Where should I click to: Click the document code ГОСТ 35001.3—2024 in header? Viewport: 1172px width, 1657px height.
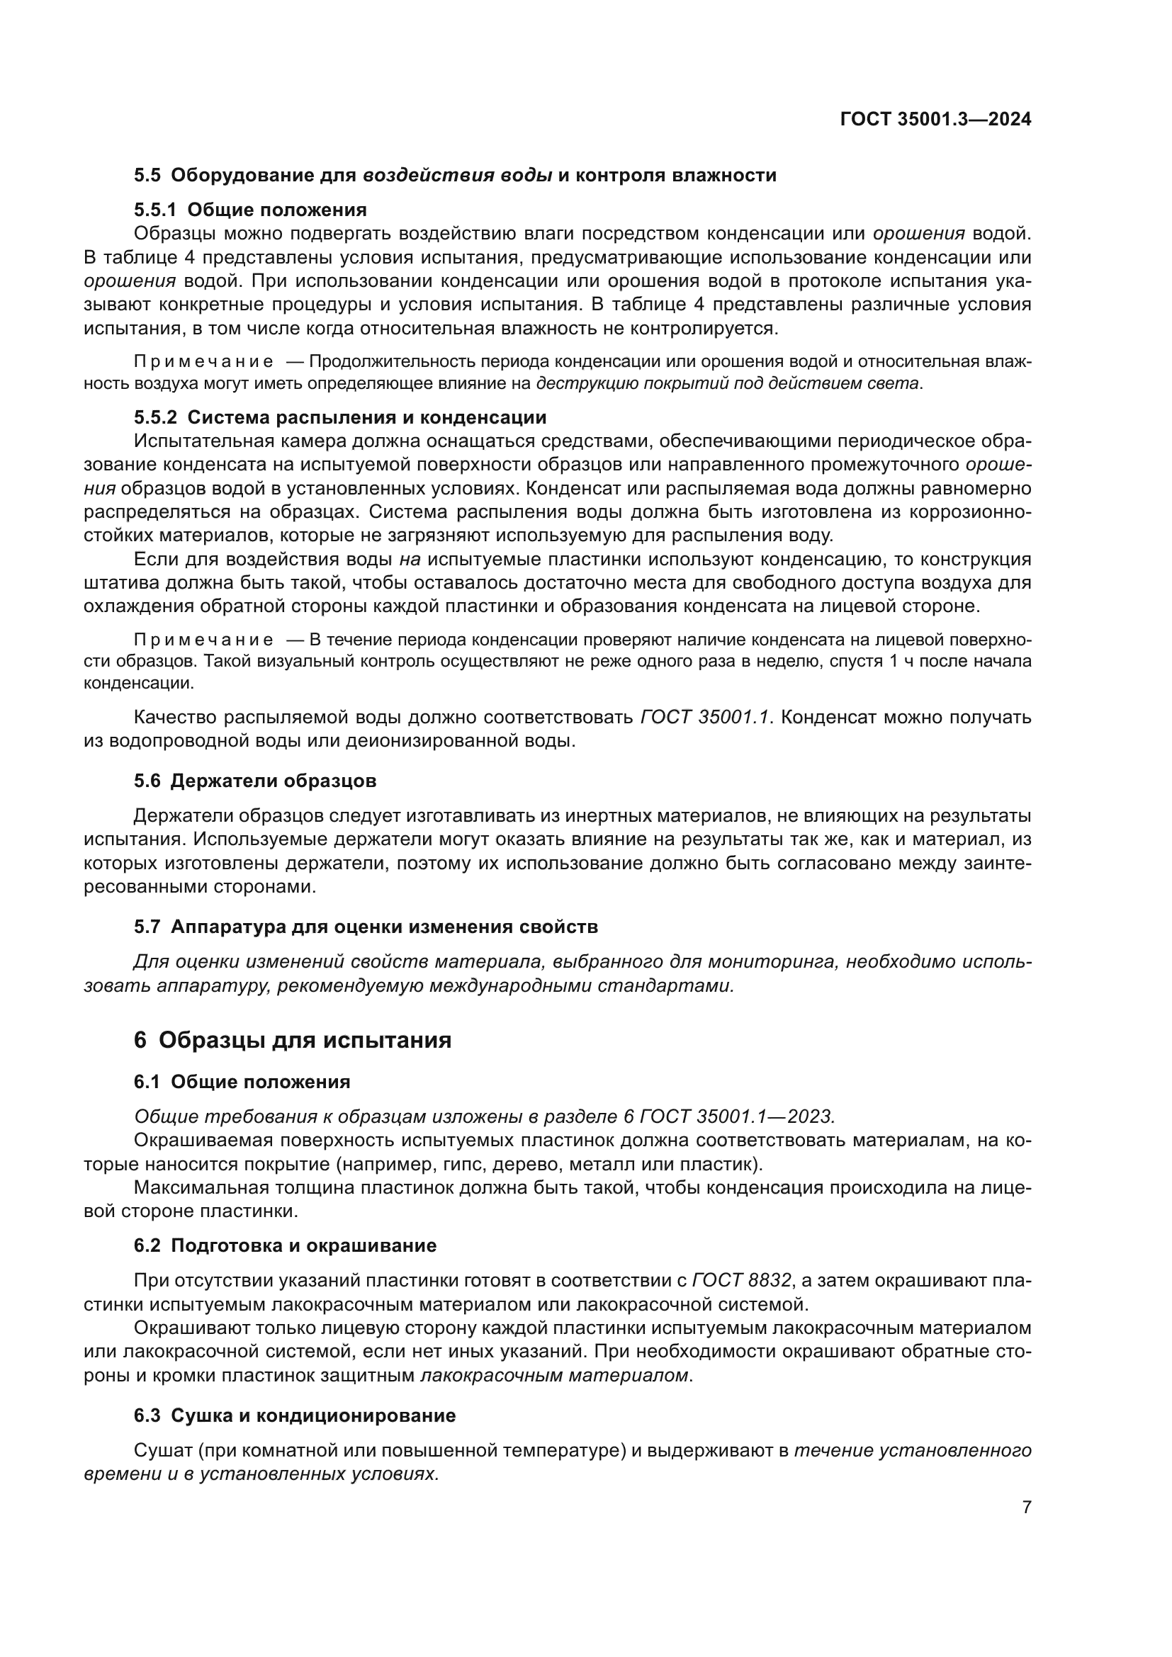[935, 120]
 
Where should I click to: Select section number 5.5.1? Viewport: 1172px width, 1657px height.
[154, 210]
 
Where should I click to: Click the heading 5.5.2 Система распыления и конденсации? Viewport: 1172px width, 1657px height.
[340, 417]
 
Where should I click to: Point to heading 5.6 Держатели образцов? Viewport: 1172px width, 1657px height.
[255, 781]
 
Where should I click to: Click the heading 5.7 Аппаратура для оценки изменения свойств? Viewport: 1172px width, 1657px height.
[366, 927]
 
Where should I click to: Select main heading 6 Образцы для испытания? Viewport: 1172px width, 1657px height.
[292, 1040]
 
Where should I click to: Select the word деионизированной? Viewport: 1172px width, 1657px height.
[427, 741]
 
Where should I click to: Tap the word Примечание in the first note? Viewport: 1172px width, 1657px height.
[204, 361]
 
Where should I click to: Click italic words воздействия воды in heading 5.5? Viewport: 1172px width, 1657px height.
[458, 176]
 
